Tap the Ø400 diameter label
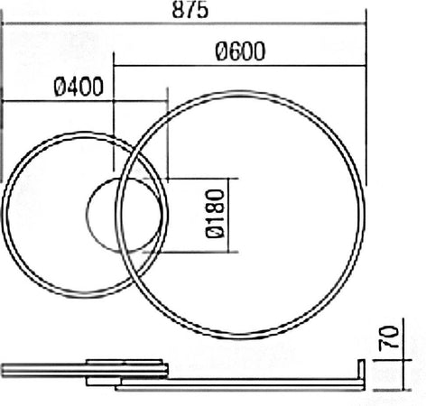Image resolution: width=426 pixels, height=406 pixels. click(79, 88)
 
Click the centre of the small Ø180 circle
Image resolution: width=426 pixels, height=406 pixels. click(126, 216)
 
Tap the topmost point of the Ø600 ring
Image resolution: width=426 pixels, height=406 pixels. click(244, 91)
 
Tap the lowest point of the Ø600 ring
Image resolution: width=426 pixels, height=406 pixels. click(244, 337)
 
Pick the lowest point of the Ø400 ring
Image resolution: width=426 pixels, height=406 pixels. click(84, 297)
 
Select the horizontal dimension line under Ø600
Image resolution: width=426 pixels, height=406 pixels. click(239, 65)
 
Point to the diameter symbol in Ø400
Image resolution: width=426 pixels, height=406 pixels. click(60, 88)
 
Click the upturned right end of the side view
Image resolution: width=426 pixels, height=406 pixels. click(361, 374)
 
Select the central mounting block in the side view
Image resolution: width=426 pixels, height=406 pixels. click(126, 371)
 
